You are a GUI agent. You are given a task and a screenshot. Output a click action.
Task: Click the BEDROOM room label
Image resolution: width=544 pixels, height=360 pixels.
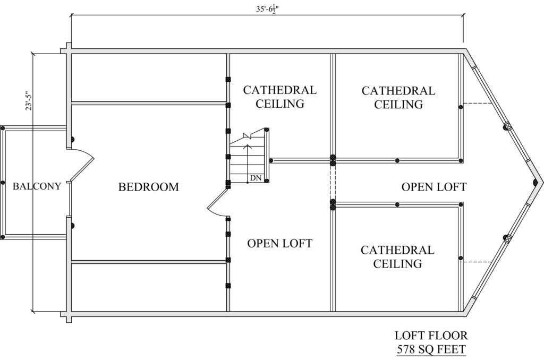[x=149, y=187]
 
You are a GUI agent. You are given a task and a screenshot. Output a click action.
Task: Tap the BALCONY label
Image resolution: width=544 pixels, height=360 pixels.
[x=37, y=186]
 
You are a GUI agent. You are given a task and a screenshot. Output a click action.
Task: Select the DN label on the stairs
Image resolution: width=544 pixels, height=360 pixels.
[x=256, y=178]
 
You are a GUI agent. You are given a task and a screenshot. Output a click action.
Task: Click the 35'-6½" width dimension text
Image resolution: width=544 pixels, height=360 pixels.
[x=267, y=10]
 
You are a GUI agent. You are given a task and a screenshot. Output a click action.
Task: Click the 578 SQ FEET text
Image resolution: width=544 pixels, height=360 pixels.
[x=431, y=349]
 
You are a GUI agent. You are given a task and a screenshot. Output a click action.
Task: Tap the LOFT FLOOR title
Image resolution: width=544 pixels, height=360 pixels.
[x=431, y=336]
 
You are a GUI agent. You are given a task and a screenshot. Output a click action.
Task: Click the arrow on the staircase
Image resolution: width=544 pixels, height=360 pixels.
[x=247, y=162]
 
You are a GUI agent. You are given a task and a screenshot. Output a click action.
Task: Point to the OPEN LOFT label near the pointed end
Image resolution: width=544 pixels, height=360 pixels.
[x=434, y=187]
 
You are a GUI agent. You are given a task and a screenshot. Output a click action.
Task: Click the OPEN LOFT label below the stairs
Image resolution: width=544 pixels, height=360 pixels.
[x=279, y=244]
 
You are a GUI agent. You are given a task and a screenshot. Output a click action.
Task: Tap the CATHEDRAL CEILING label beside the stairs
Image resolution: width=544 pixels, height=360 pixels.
[x=279, y=97]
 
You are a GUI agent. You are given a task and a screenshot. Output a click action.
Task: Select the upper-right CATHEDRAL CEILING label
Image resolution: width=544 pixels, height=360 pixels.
[x=398, y=98]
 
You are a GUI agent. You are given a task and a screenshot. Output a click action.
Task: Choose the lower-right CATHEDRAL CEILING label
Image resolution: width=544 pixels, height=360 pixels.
[x=397, y=256]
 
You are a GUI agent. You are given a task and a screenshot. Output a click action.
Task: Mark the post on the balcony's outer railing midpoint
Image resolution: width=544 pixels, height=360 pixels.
[x=3, y=183]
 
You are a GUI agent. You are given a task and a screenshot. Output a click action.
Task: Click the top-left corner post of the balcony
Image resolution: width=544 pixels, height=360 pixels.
[x=3, y=128]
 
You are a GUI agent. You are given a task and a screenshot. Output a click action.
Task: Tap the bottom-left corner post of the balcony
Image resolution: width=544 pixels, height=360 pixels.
[x=3, y=237]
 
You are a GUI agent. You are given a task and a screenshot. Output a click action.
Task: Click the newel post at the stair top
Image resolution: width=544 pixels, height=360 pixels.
[x=267, y=130]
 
